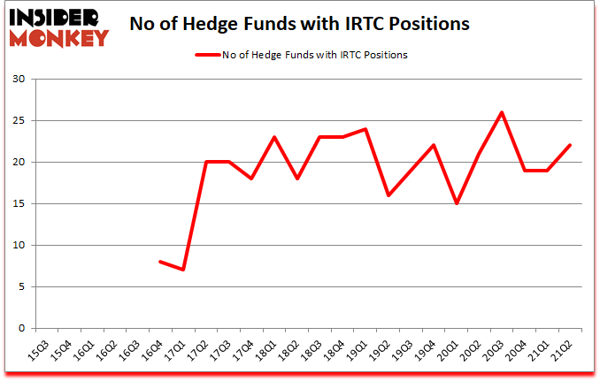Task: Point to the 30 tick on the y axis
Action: tap(19, 80)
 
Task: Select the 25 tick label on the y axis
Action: tap(19, 121)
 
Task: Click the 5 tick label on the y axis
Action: tap(22, 286)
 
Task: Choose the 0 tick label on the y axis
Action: tap(22, 328)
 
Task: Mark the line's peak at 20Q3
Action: tap(503, 112)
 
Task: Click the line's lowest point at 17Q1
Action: tap(182, 270)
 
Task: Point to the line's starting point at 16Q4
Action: tap(159, 262)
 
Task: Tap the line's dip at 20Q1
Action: tap(457, 203)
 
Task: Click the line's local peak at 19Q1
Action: tap(365, 129)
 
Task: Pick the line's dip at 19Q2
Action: tap(388, 195)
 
